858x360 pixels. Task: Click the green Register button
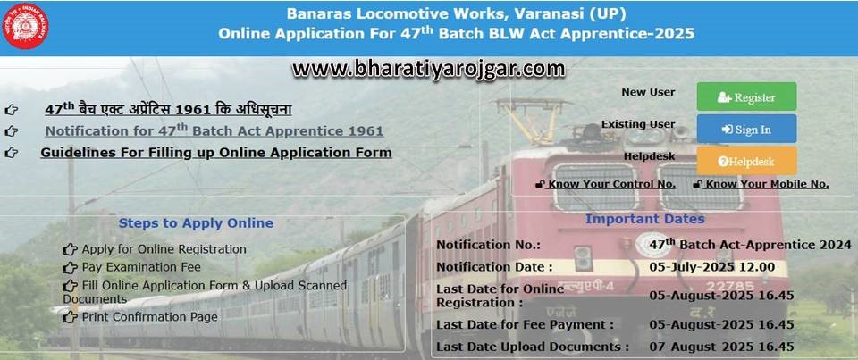(x=746, y=96)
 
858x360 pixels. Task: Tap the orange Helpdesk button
(x=746, y=162)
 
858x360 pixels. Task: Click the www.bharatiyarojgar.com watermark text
(x=428, y=68)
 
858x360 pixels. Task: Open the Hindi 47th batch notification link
(x=168, y=110)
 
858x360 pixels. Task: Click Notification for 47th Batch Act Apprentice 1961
(x=214, y=130)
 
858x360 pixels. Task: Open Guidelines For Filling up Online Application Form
(x=215, y=153)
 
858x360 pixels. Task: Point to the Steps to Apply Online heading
(x=196, y=223)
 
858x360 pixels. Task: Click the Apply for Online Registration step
(x=164, y=249)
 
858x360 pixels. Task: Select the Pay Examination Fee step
(x=141, y=267)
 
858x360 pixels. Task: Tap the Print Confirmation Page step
(x=149, y=317)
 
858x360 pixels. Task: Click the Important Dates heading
(x=644, y=219)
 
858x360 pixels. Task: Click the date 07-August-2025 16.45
(x=721, y=347)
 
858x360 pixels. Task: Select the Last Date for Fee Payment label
(x=525, y=324)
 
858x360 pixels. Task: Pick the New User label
(x=648, y=92)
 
